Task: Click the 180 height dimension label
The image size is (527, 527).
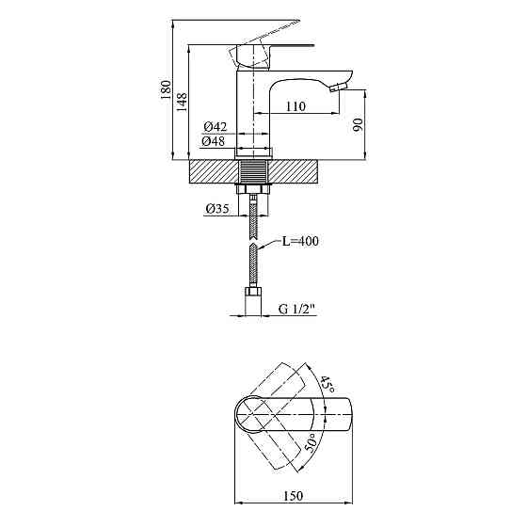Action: pos(166,89)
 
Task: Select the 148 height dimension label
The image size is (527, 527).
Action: pos(182,103)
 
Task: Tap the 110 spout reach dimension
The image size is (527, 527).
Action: pos(295,106)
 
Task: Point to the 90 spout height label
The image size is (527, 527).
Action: pos(359,124)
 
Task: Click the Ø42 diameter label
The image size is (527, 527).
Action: pos(216,127)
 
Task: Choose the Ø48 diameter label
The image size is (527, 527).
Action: pos(214,141)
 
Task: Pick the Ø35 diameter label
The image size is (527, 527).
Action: pos(217,209)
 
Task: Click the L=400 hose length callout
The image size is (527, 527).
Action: pos(300,241)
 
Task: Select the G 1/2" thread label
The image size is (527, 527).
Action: pos(297,309)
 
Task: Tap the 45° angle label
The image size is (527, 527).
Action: pos(327,385)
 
